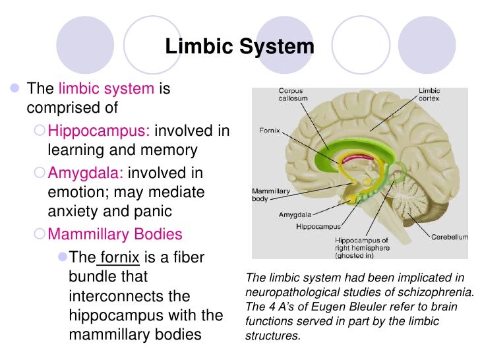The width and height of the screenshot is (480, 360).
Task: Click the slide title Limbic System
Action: [x=239, y=47]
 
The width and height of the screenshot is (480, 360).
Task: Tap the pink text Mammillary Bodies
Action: [x=115, y=234]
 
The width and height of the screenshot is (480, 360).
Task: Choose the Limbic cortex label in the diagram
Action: [x=429, y=94]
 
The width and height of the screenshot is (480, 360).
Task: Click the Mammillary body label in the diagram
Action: [x=272, y=195]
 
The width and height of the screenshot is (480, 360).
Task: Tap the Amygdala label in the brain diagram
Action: [x=293, y=214]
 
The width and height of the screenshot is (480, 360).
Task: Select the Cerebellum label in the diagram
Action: [x=450, y=236]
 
